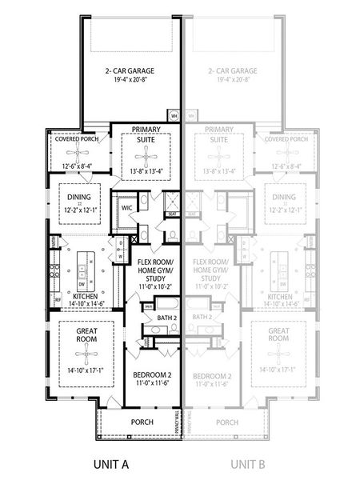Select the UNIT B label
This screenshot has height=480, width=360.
tap(249, 463)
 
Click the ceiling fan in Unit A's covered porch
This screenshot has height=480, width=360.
tap(76, 152)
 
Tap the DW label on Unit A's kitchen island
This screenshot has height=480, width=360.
tap(82, 283)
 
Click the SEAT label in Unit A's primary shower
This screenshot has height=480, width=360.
tap(171, 214)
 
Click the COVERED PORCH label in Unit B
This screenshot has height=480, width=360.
tap(286, 138)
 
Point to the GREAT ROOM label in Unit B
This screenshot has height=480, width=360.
tap(279, 337)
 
